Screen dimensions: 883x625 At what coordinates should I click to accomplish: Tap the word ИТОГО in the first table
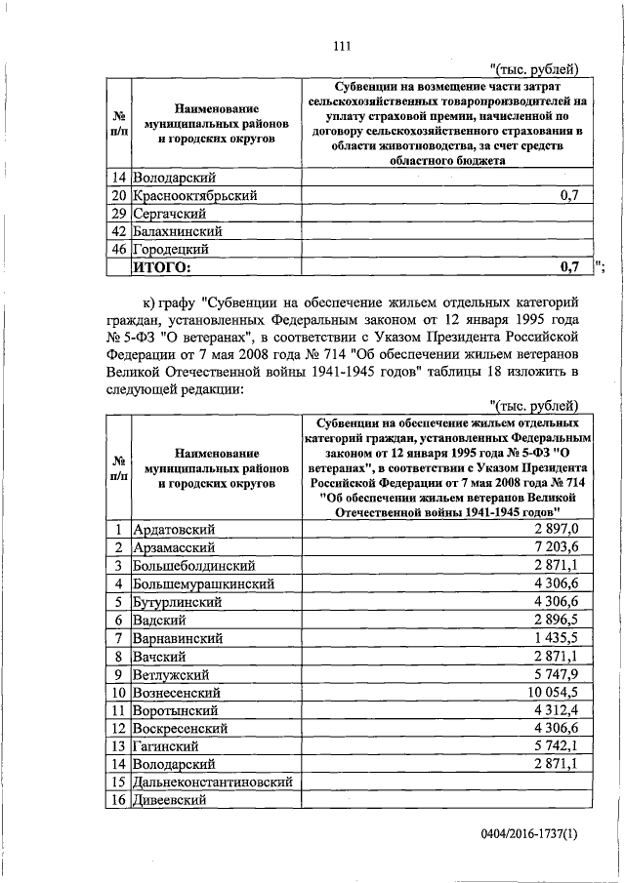163,266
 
